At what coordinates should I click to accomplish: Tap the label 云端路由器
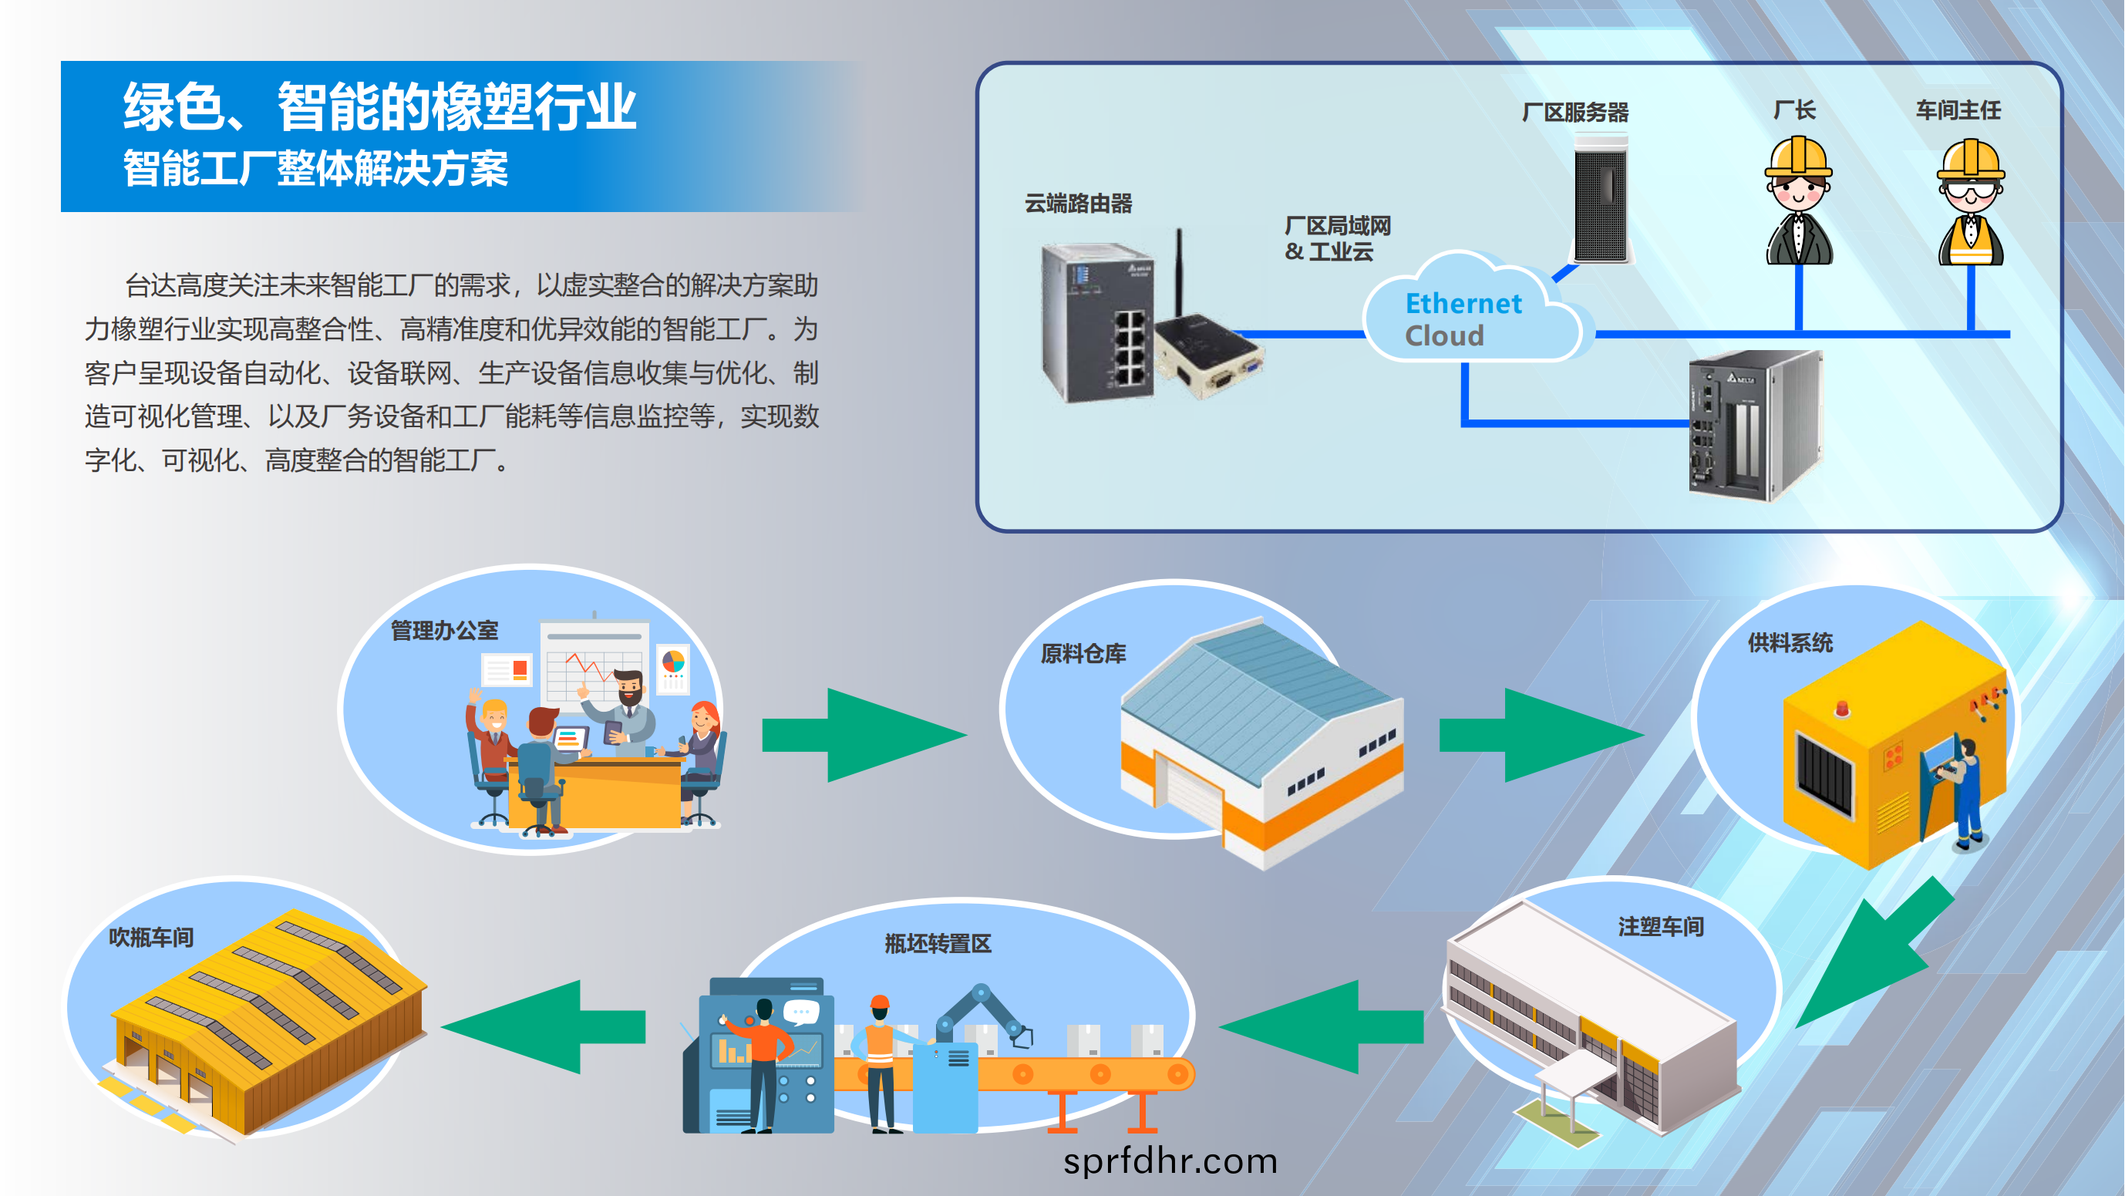[x=1078, y=203]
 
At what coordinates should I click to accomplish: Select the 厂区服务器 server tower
[x=1601, y=199]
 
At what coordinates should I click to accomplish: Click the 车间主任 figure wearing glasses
[x=1971, y=202]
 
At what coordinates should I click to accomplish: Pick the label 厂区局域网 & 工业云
[x=1337, y=238]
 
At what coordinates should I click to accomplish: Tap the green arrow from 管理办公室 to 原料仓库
[x=864, y=734]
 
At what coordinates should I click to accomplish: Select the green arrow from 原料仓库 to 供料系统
[x=1541, y=734]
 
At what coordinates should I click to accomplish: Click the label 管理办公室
[x=444, y=631]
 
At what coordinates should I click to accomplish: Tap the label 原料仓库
[x=1083, y=654]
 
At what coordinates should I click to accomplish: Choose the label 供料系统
[x=1790, y=642]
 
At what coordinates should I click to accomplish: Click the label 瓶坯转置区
[x=938, y=944]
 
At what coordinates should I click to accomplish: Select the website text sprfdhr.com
[x=1170, y=1161]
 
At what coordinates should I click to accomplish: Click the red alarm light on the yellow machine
[x=1842, y=708]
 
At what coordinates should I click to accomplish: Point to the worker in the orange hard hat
[x=881, y=1063]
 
